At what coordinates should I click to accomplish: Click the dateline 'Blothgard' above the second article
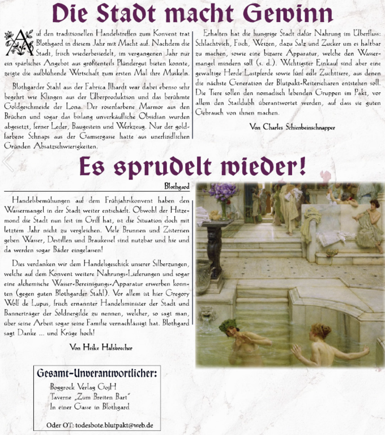click(176, 185)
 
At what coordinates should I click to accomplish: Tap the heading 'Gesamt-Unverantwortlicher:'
click(97, 373)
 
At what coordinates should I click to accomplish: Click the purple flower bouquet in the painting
click(223, 193)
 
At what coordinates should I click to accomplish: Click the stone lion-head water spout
click(207, 314)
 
